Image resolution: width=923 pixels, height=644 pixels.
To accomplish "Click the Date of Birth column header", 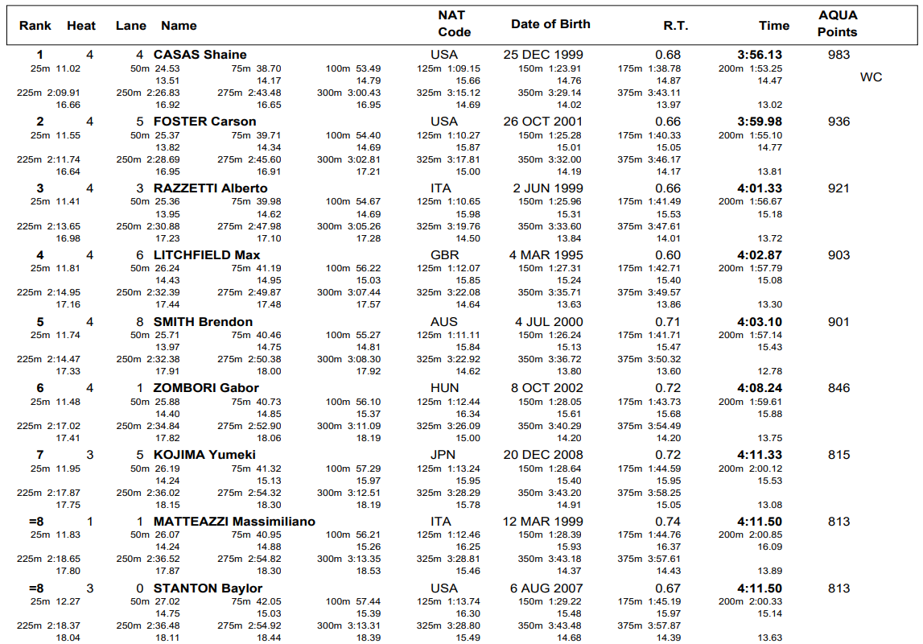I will pos(550,24).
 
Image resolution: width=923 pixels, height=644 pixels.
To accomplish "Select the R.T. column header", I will pos(675,26).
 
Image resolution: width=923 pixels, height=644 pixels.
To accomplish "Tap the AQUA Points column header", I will pos(838,24).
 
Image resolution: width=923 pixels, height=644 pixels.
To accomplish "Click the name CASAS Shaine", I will pos(200,55).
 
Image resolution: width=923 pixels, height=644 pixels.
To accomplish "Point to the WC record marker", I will pos(871,77).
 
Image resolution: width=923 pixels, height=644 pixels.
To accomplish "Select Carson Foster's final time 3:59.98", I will pos(760,122).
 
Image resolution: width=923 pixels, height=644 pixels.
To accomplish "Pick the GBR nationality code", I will pos(445,255).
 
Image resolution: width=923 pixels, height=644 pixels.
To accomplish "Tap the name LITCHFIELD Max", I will pos(207,255).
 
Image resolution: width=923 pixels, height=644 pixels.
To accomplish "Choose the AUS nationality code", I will pos(444,322).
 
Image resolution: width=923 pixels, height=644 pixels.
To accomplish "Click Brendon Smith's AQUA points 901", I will pos(839,322).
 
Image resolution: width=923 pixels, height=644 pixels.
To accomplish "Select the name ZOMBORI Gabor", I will pos(206,388).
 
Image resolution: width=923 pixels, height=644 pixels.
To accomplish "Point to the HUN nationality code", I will pos(444,388).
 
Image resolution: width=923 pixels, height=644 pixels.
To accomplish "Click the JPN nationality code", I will pos(443,455).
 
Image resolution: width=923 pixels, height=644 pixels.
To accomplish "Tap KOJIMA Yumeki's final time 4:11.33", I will pos(760,455).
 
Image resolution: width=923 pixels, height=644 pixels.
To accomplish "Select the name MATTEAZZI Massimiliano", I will pos(234,522).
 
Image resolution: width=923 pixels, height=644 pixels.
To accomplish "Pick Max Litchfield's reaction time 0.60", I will pos(668,255).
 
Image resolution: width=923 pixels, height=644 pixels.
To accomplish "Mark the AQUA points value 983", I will pos(839,55).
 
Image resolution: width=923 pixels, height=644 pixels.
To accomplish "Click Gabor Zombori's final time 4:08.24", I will pos(760,388).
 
